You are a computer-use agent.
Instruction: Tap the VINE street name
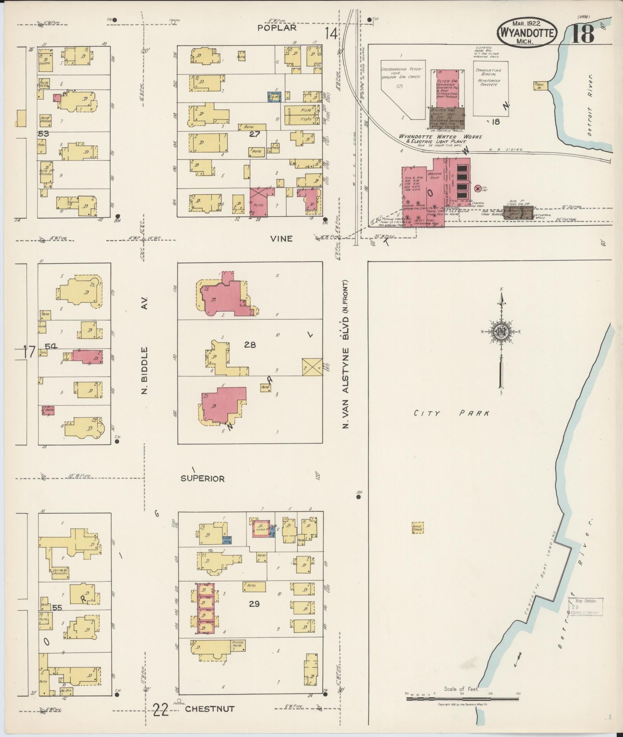tap(282, 239)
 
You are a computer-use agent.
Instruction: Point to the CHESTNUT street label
tap(209, 709)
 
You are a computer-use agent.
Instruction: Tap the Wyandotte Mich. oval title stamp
tap(527, 33)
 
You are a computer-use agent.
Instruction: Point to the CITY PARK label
tap(452, 413)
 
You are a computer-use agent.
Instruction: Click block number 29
tap(254, 604)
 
